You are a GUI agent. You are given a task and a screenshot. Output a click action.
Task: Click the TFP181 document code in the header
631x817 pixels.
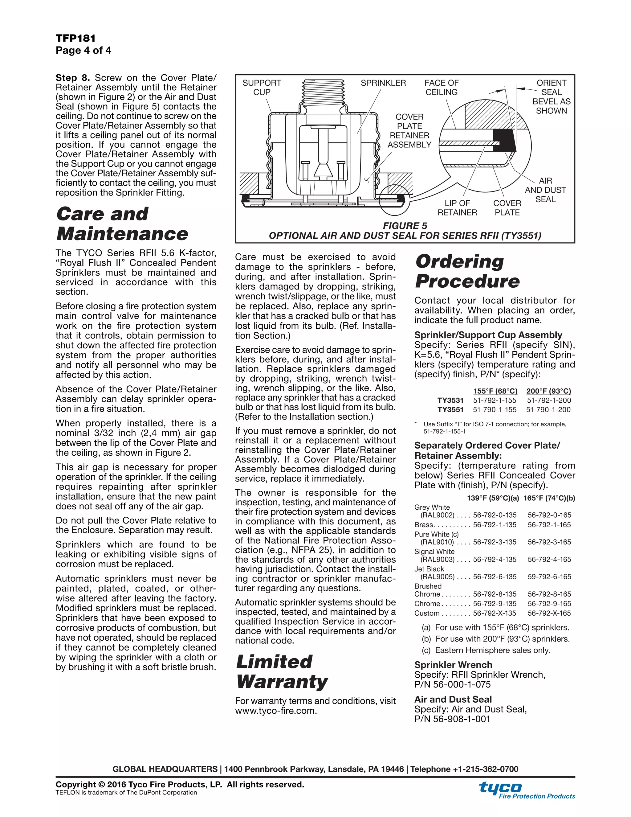point(75,38)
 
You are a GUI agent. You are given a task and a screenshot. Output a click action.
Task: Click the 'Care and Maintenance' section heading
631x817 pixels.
point(122,224)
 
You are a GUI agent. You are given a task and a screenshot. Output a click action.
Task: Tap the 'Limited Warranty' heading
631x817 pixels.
point(282,671)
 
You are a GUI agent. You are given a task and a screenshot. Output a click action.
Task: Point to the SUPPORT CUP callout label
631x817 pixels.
point(262,88)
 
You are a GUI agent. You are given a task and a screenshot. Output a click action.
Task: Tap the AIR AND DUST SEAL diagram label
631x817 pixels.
point(545,190)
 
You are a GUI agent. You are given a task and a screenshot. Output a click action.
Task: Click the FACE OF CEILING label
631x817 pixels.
point(441,88)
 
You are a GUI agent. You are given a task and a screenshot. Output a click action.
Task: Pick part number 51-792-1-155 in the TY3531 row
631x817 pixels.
point(495,400)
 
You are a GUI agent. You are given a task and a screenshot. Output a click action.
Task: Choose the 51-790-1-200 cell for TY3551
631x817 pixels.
point(548,410)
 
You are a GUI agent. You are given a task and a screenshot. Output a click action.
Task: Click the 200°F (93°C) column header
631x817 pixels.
point(548,391)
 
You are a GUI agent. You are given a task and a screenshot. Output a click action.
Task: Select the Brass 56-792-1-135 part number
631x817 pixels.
point(495,525)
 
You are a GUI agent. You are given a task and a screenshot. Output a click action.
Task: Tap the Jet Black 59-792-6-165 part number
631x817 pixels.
point(549,577)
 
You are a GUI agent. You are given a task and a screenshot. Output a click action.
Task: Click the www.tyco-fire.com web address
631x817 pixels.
point(276,711)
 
